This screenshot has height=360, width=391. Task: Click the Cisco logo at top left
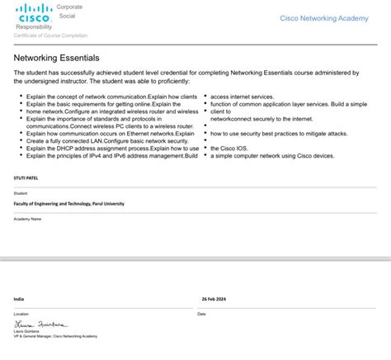pos(31,13)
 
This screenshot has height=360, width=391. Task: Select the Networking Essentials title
pos(56,59)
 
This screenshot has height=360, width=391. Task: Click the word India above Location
pos(19,299)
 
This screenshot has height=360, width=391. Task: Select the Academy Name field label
pos(27,219)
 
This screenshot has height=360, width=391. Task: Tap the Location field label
pos(21,314)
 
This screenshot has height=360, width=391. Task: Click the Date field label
pos(202,314)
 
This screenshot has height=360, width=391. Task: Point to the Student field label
pos(21,193)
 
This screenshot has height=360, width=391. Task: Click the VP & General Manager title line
pos(54,337)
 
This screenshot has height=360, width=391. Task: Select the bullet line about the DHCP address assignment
pos(112,148)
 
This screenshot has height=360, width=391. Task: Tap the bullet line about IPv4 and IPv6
pos(112,155)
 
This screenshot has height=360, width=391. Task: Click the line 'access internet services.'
pos(242,97)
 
